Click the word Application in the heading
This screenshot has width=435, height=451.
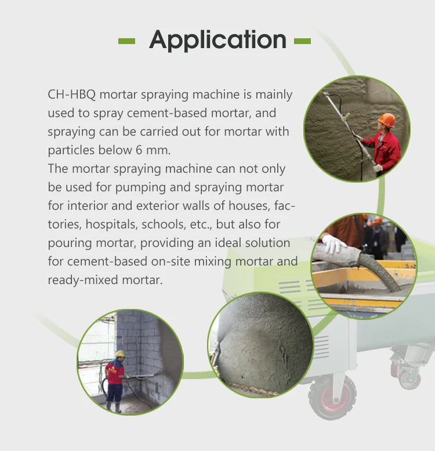(217, 41)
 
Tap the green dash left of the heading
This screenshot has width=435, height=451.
(126, 41)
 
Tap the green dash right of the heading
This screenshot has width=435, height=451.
(302, 41)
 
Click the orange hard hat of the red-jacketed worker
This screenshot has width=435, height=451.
(387, 120)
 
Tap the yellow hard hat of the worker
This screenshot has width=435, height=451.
(120, 354)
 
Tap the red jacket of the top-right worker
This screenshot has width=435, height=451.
(387, 148)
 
